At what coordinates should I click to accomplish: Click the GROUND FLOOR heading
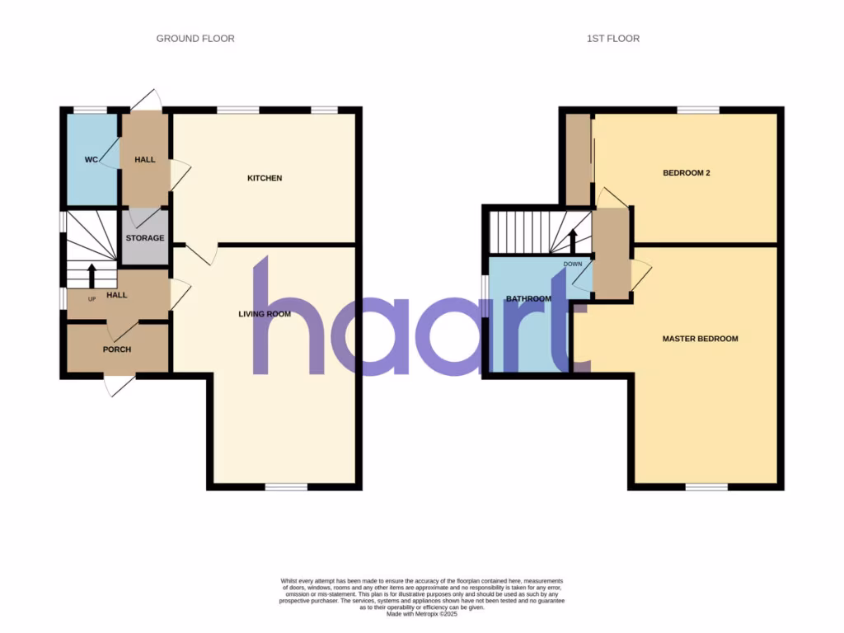pyautogui.click(x=195, y=39)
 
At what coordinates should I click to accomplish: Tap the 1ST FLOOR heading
pyautogui.click(x=612, y=39)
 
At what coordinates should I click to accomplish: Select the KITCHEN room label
pyautogui.click(x=265, y=178)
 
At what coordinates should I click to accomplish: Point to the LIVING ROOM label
pyautogui.click(x=265, y=314)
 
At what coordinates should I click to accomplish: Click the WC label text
pyautogui.click(x=91, y=159)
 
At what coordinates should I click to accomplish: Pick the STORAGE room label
pyautogui.click(x=145, y=238)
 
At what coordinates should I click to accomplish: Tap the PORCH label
pyautogui.click(x=117, y=349)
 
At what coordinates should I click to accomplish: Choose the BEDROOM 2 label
pyautogui.click(x=687, y=173)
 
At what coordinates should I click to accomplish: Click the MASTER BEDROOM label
pyautogui.click(x=700, y=339)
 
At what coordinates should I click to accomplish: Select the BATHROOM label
pyautogui.click(x=528, y=299)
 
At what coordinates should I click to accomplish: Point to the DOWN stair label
pyautogui.click(x=573, y=265)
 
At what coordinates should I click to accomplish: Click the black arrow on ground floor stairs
pyautogui.click(x=91, y=274)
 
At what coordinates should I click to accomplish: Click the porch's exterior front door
pyautogui.click(x=120, y=384)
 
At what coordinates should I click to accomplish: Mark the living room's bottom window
pyautogui.click(x=286, y=488)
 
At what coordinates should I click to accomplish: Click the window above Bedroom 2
pyautogui.click(x=698, y=110)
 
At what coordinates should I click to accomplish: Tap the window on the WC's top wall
pyautogui.click(x=91, y=110)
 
